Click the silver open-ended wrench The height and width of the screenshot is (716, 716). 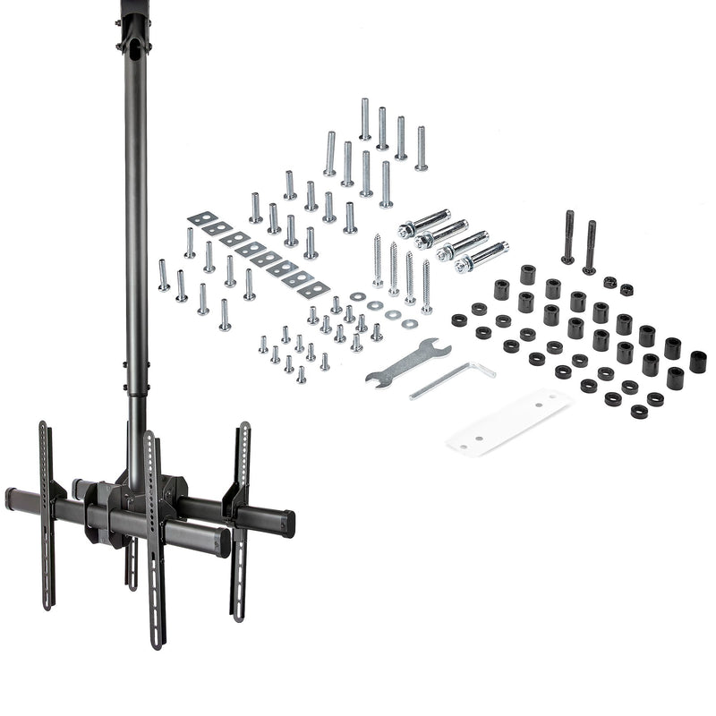point(407,362)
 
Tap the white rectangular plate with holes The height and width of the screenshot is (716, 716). point(508,421)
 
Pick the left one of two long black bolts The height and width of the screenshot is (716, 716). point(568,237)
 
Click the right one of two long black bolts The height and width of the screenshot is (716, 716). point(590,247)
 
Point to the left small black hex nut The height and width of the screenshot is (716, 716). point(609,282)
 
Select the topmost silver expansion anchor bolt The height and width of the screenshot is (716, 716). point(423,222)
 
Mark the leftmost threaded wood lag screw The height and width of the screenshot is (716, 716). point(378,260)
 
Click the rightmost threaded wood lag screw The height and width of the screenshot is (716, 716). point(427,286)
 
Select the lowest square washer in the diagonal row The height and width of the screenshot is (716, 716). point(314,289)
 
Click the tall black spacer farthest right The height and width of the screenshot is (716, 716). point(697,362)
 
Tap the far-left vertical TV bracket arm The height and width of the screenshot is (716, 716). point(46,515)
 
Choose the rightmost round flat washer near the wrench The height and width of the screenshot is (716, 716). point(410,323)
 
